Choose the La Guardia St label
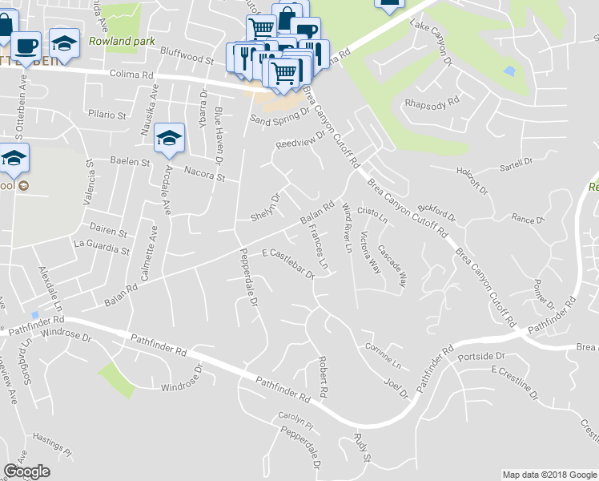[x=102, y=246]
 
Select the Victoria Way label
[x=371, y=253]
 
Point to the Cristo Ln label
[x=372, y=215]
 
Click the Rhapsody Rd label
[x=432, y=103]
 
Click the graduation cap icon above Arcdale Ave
[x=169, y=138]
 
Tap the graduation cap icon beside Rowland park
[x=64, y=42]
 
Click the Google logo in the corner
[x=26, y=471]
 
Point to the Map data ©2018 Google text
[x=549, y=475]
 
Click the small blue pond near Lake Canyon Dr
[x=509, y=71]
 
